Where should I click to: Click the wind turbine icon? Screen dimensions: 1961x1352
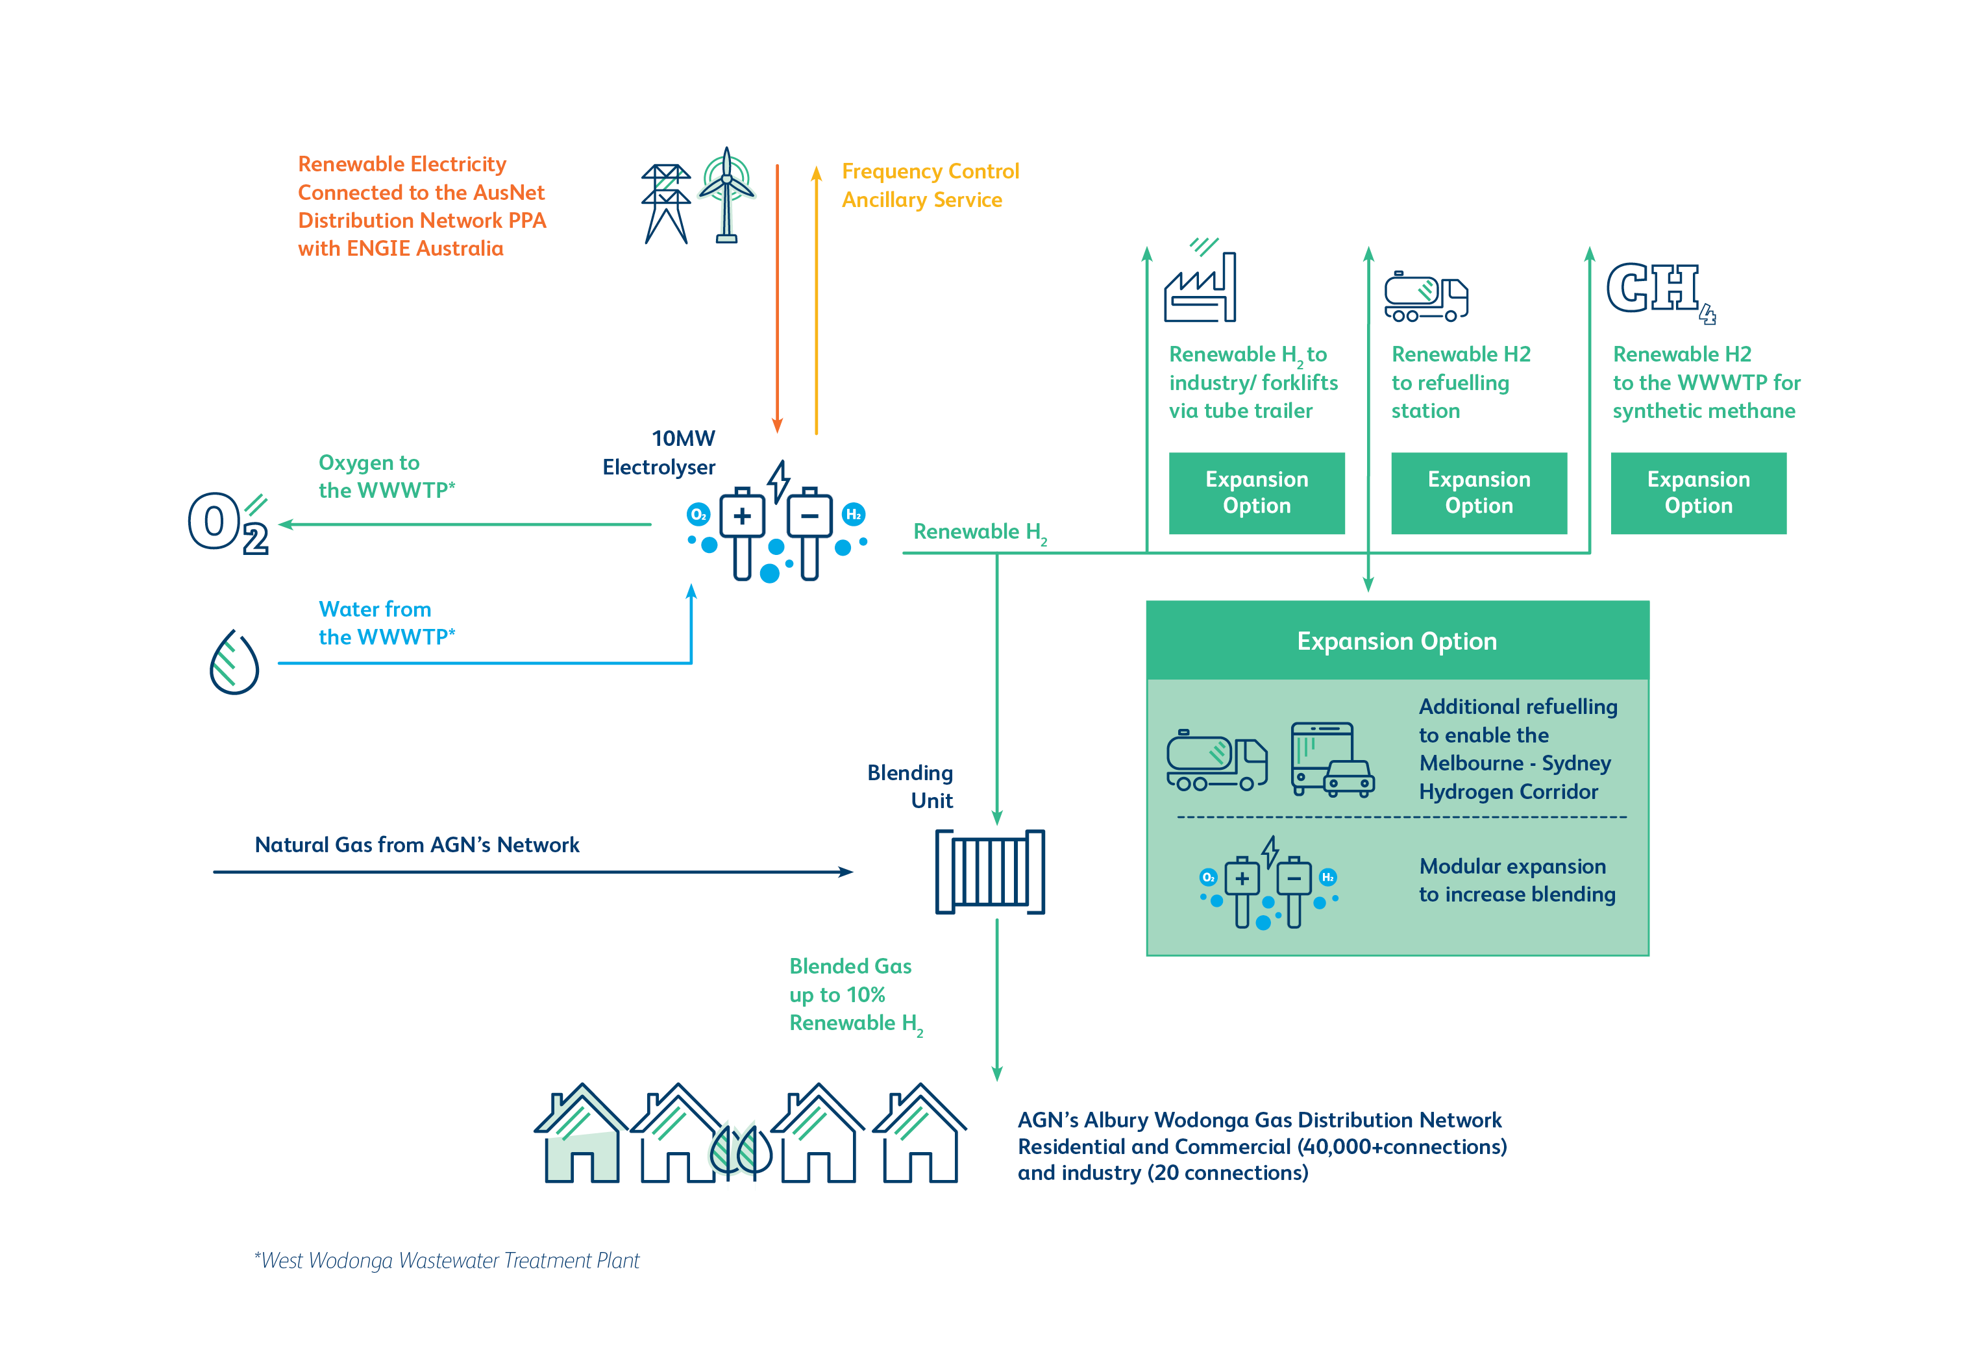[x=726, y=195]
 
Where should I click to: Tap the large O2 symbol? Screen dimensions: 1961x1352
[x=228, y=522]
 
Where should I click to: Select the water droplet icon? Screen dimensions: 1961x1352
[x=234, y=661]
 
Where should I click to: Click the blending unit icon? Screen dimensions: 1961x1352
[x=989, y=872]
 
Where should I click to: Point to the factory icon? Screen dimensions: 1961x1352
[x=1200, y=280]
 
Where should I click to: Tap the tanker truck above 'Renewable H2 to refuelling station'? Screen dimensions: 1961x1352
[x=1425, y=297]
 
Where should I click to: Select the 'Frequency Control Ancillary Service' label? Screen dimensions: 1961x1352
[x=930, y=186]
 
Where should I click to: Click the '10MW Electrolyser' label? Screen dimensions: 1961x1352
[x=659, y=452]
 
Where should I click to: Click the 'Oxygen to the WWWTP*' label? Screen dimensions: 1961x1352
[x=386, y=476]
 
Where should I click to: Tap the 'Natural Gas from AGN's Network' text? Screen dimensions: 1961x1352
[x=417, y=844]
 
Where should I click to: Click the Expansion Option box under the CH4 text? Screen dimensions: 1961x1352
[x=1698, y=493]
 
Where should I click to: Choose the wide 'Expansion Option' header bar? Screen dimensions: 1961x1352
[x=1397, y=641]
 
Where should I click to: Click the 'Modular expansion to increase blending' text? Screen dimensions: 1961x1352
[x=1517, y=880]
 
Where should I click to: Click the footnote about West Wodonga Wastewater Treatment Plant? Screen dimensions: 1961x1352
[x=447, y=1260]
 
